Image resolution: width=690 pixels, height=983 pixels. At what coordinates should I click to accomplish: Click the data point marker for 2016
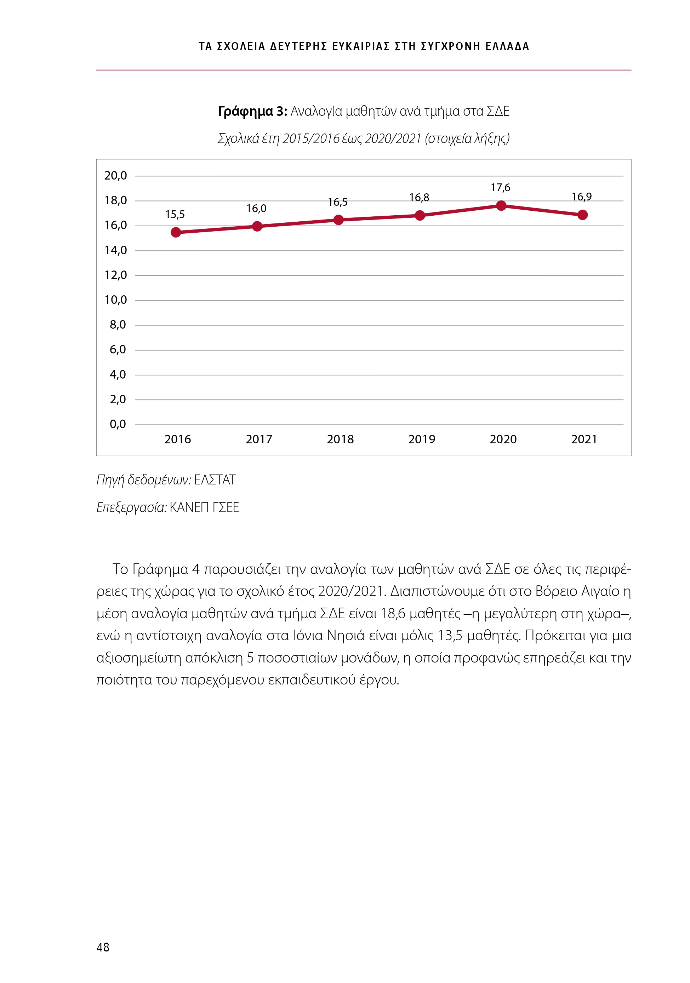tap(176, 233)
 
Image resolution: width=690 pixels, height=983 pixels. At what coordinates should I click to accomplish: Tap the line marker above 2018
tap(338, 220)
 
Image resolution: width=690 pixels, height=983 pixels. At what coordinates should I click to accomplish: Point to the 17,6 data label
tap(500, 188)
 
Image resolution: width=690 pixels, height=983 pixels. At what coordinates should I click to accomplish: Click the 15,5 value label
tap(175, 215)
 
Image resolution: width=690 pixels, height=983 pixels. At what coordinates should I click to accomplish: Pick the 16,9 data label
tap(582, 197)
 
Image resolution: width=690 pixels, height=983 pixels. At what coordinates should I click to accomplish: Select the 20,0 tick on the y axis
tap(115, 176)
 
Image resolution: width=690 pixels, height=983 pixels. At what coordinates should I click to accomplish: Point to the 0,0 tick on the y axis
tap(118, 424)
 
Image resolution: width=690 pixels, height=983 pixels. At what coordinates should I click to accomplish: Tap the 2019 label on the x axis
tap(422, 439)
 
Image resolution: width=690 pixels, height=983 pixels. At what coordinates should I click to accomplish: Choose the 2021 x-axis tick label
tap(584, 439)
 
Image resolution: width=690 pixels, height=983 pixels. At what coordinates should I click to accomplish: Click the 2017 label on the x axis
tap(258, 439)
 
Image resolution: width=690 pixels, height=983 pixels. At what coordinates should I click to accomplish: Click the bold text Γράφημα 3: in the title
tap(252, 111)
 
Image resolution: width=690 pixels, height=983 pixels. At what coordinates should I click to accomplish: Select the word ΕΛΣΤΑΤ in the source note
tap(215, 480)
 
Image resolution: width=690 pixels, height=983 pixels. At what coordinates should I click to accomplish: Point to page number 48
tap(103, 947)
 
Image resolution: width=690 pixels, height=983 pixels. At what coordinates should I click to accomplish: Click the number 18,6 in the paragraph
tap(393, 614)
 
